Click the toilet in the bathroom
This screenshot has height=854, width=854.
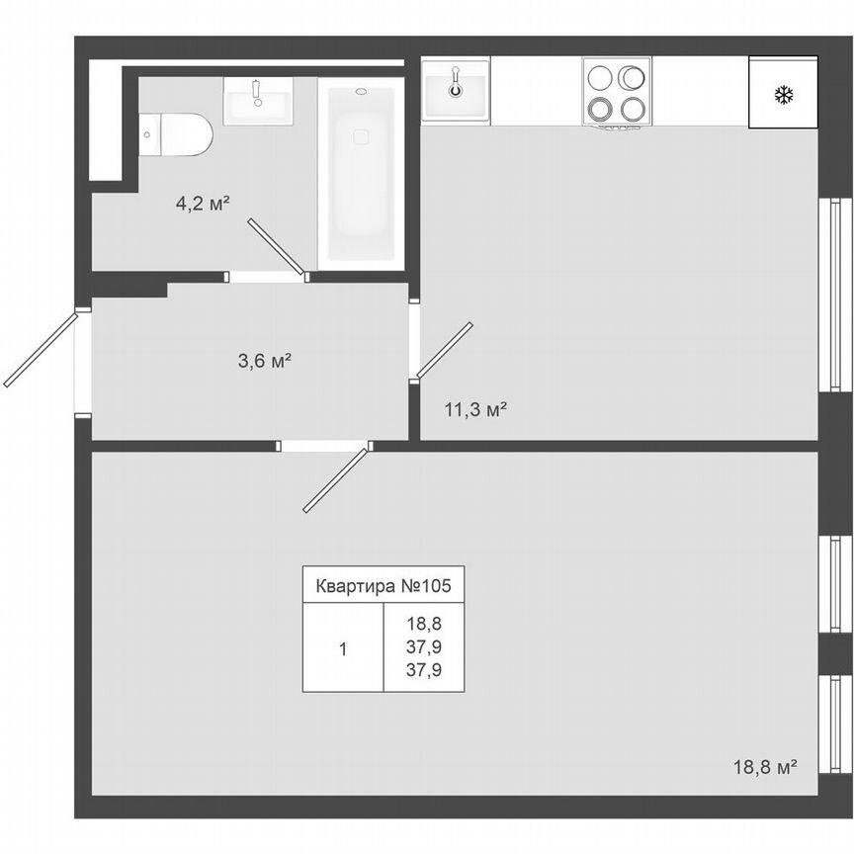point(178,134)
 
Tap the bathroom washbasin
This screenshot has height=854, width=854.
point(257,101)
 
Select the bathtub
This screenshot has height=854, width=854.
point(361,173)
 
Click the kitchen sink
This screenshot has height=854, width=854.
point(456,90)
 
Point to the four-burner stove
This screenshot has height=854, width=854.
point(617,92)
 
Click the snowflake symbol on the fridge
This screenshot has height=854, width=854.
point(784,96)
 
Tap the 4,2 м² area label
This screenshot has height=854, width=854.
point(203,205)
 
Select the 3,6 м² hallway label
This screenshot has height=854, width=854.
point(264,361)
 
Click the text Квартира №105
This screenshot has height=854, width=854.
point(383,585)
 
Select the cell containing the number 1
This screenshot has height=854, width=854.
point(342,649)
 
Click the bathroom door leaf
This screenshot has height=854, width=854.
point(276,246)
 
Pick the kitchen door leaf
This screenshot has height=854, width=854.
point(444,350)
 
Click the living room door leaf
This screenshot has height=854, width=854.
point(336,479)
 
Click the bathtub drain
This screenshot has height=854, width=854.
point(361,92)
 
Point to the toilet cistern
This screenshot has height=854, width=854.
point(148,134)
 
